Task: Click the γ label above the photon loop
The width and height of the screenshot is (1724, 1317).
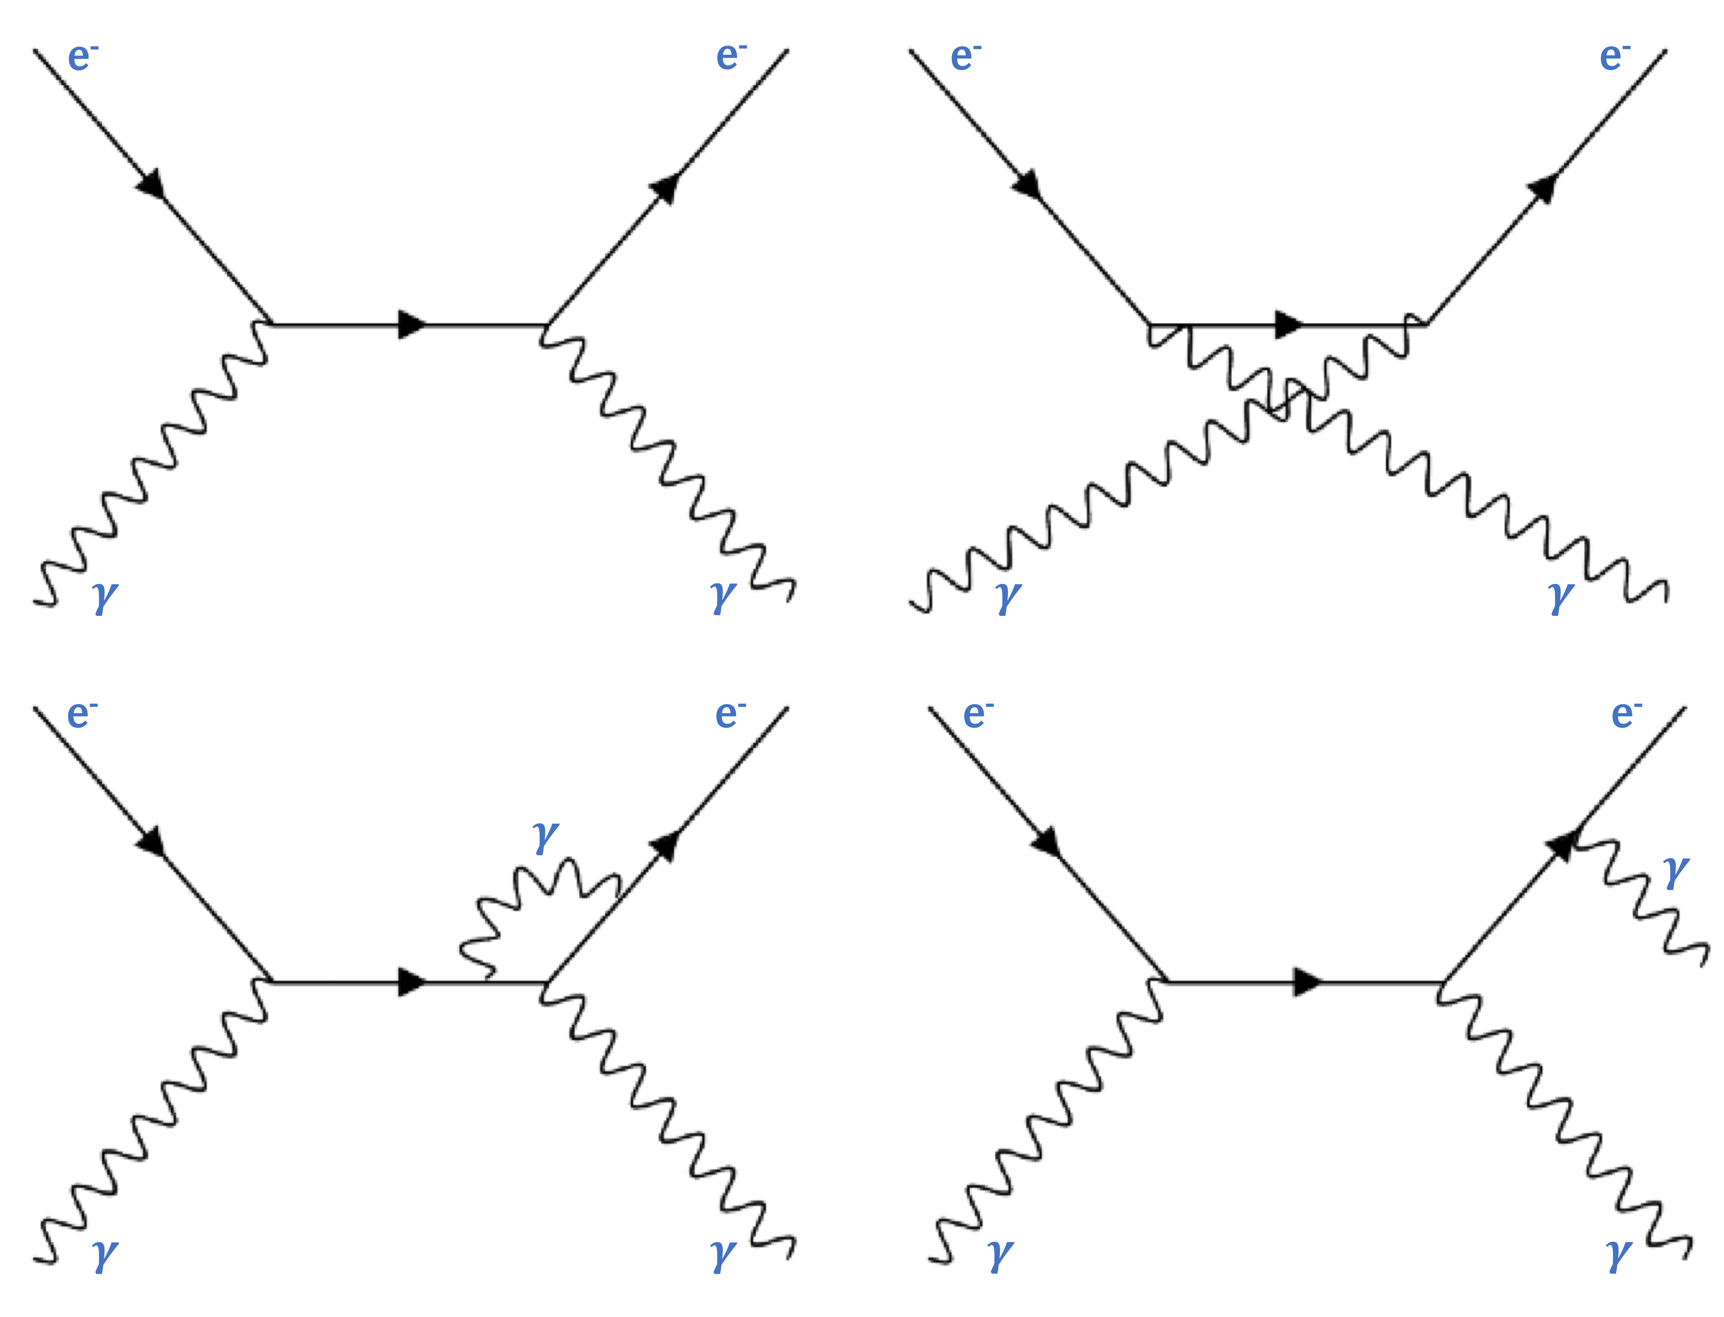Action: [545, 837]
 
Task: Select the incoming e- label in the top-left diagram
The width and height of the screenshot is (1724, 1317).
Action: [82, 57]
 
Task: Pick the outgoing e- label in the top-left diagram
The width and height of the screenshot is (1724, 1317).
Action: [730, 57]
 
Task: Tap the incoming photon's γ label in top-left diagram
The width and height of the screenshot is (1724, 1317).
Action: [105, 596]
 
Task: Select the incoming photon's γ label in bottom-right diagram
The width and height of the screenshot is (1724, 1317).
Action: [1000, 1254]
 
